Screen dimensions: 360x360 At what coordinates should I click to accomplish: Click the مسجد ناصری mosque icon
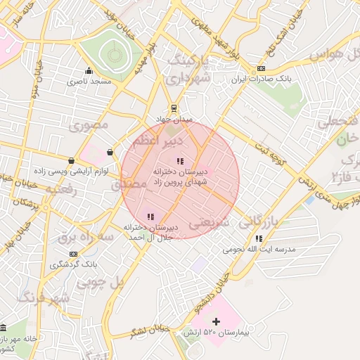coord(89,70)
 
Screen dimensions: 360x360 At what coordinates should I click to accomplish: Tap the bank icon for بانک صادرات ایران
coord(262,68)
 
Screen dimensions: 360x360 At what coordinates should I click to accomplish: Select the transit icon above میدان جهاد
coord(174,108)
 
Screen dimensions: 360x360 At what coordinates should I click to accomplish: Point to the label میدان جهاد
coord(174,120)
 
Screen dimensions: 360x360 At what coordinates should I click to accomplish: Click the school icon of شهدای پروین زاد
coord(181,161)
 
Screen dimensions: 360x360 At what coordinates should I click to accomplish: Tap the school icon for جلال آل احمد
coord(150,217)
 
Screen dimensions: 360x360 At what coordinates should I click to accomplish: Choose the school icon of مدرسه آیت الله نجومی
coord(259,239)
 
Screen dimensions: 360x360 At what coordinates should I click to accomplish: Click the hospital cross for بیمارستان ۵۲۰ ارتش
coord(216,321)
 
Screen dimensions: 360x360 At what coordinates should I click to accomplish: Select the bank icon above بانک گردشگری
coord(72,253)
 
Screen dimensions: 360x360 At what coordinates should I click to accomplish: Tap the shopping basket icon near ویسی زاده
coord(110,152)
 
